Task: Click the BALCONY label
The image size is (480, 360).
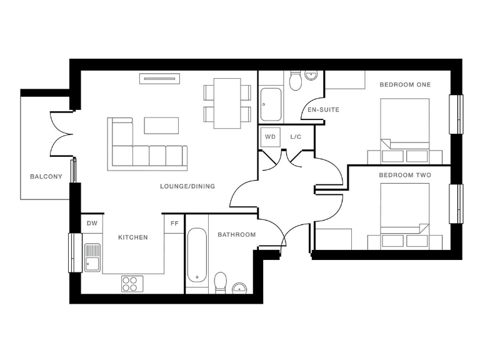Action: click(46, 177)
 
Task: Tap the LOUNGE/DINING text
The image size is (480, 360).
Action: click(187, 186)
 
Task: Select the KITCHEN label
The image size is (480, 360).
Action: click(133, 237)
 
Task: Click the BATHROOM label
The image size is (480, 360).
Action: click(236, 235)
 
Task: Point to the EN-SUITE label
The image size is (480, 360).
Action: click(323, 110)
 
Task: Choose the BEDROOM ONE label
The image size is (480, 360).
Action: click(405, 84)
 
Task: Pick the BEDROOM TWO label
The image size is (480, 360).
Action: click(405, 175)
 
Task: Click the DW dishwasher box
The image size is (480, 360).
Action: click(92, 223)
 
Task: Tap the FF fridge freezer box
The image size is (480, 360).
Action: click(174, 223)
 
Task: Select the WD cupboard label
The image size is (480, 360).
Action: click(270, 136)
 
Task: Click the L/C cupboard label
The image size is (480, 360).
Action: click(296, 136)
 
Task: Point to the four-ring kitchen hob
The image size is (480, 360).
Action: click(131, 284)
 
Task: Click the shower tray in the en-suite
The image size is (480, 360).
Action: click(271, 104)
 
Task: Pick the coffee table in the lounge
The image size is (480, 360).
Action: click(161, 125)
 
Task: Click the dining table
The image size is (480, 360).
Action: click(227, 103)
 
